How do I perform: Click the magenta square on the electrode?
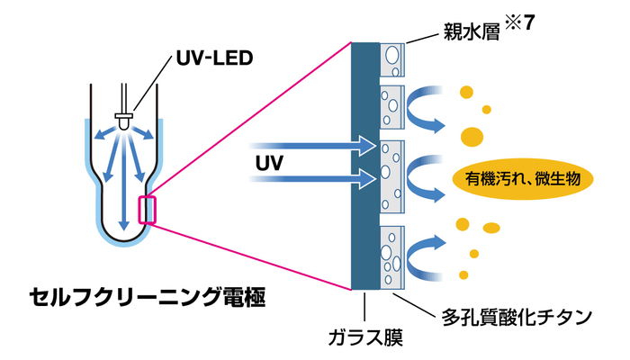147,209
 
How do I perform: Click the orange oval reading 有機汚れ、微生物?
524,178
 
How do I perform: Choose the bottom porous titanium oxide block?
394,256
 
